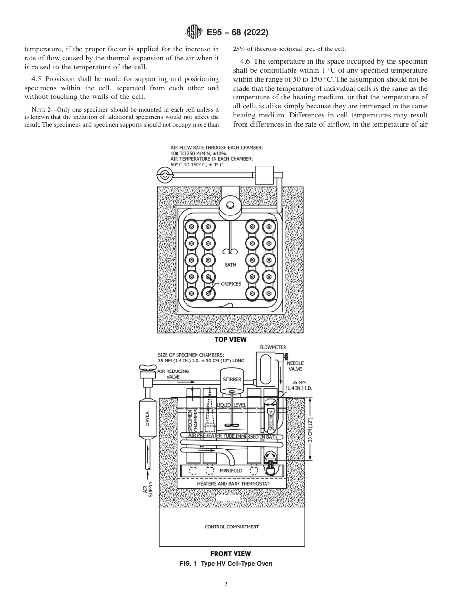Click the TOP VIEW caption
(x=230, y=339)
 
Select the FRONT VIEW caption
(x=230, y=553)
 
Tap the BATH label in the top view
(x=230, y=265)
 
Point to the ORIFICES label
(x=231, y=284)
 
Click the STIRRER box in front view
(x=232, y=379)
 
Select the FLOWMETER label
(x=273, y=347)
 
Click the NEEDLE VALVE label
(x=295, y=366)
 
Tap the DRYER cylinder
(x=147, y=419)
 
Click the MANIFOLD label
(x=231, y=470)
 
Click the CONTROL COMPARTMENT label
(x=232, y=527)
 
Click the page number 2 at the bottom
(x=226, y=585)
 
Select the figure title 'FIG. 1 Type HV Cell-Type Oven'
(x=226, y=564)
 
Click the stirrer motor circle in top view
(x=231, y=205)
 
